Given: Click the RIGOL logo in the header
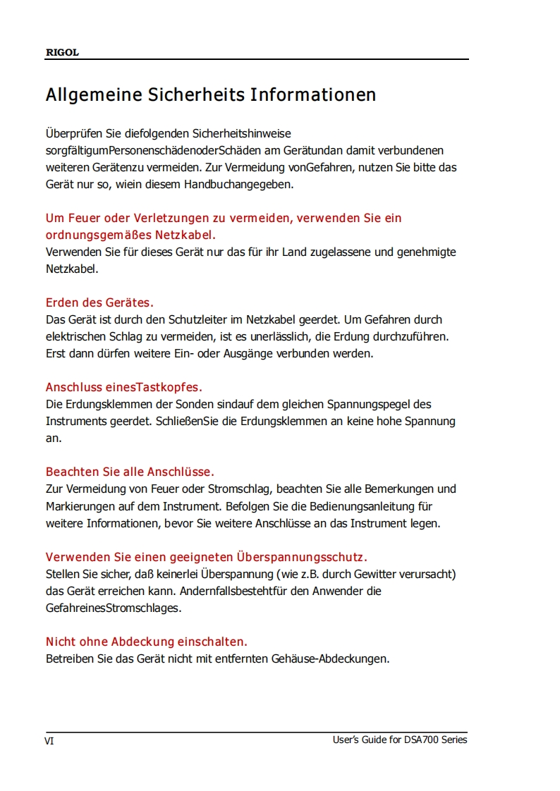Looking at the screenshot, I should coord(62,53).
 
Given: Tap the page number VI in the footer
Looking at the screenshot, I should coord(50,741).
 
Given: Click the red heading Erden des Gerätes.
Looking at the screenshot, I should coord(99,302).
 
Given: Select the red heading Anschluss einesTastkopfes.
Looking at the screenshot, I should coord(124,387).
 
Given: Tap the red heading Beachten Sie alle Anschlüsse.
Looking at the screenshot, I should coord(130,472).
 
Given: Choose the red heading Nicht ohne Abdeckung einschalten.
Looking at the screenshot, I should coord(147,642).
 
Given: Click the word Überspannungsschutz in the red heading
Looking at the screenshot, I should coord(301,557).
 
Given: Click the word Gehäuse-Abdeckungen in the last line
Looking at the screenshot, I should coord(330,659).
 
